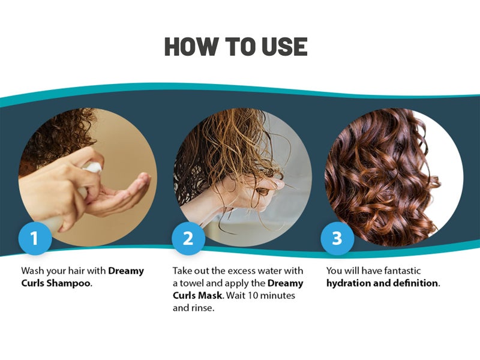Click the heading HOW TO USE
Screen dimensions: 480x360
[x=236, y=47]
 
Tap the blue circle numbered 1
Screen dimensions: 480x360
[x=35, y=238]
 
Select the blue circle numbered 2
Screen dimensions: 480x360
[x=188, y=238]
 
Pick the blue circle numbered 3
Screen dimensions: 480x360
[x=337, y=238]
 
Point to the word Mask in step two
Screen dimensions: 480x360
[x=211, y=296]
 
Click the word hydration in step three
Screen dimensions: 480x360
[x=349, y=283]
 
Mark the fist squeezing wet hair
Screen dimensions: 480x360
[x=254, y=191]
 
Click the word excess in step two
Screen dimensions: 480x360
[x=243, y=271]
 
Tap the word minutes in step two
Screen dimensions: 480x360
[x=278, y=296]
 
